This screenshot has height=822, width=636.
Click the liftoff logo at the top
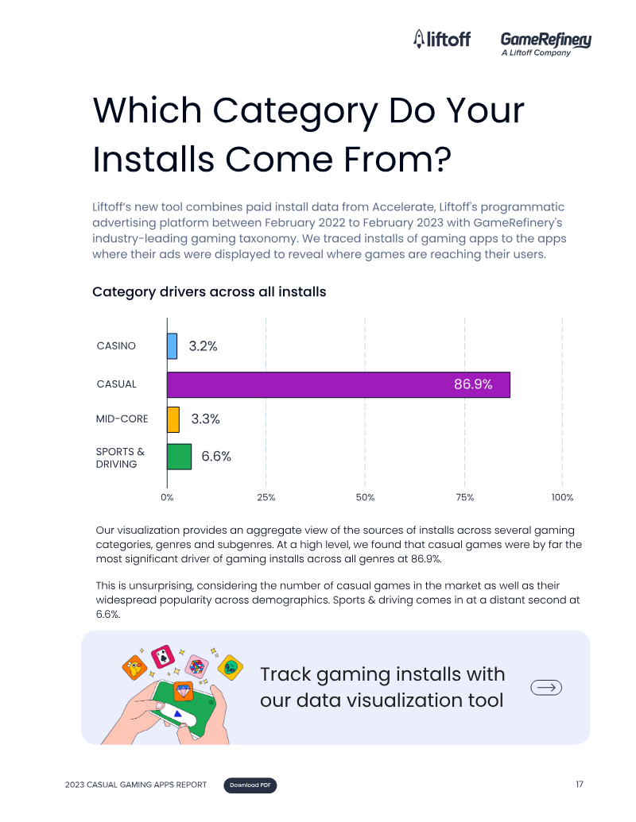442,39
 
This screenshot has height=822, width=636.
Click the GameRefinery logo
545,43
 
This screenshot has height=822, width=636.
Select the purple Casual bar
339,384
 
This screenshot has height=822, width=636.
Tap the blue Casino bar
173,346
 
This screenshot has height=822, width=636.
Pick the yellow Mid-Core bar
173,419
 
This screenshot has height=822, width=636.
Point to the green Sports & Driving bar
179,457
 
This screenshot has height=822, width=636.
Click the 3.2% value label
203,346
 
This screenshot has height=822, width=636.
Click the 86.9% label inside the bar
473,384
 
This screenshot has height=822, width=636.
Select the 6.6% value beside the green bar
216,456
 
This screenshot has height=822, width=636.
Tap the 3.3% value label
205,419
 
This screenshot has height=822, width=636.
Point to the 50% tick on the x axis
365,497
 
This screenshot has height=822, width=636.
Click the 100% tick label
563,497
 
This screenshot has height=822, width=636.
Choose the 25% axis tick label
266,497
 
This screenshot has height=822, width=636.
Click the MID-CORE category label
122,419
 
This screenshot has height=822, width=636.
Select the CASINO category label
116,346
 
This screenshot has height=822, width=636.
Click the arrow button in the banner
546,687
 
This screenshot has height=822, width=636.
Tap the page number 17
580,784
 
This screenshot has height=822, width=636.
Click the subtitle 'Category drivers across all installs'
209,292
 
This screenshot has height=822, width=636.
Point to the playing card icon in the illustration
163,656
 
